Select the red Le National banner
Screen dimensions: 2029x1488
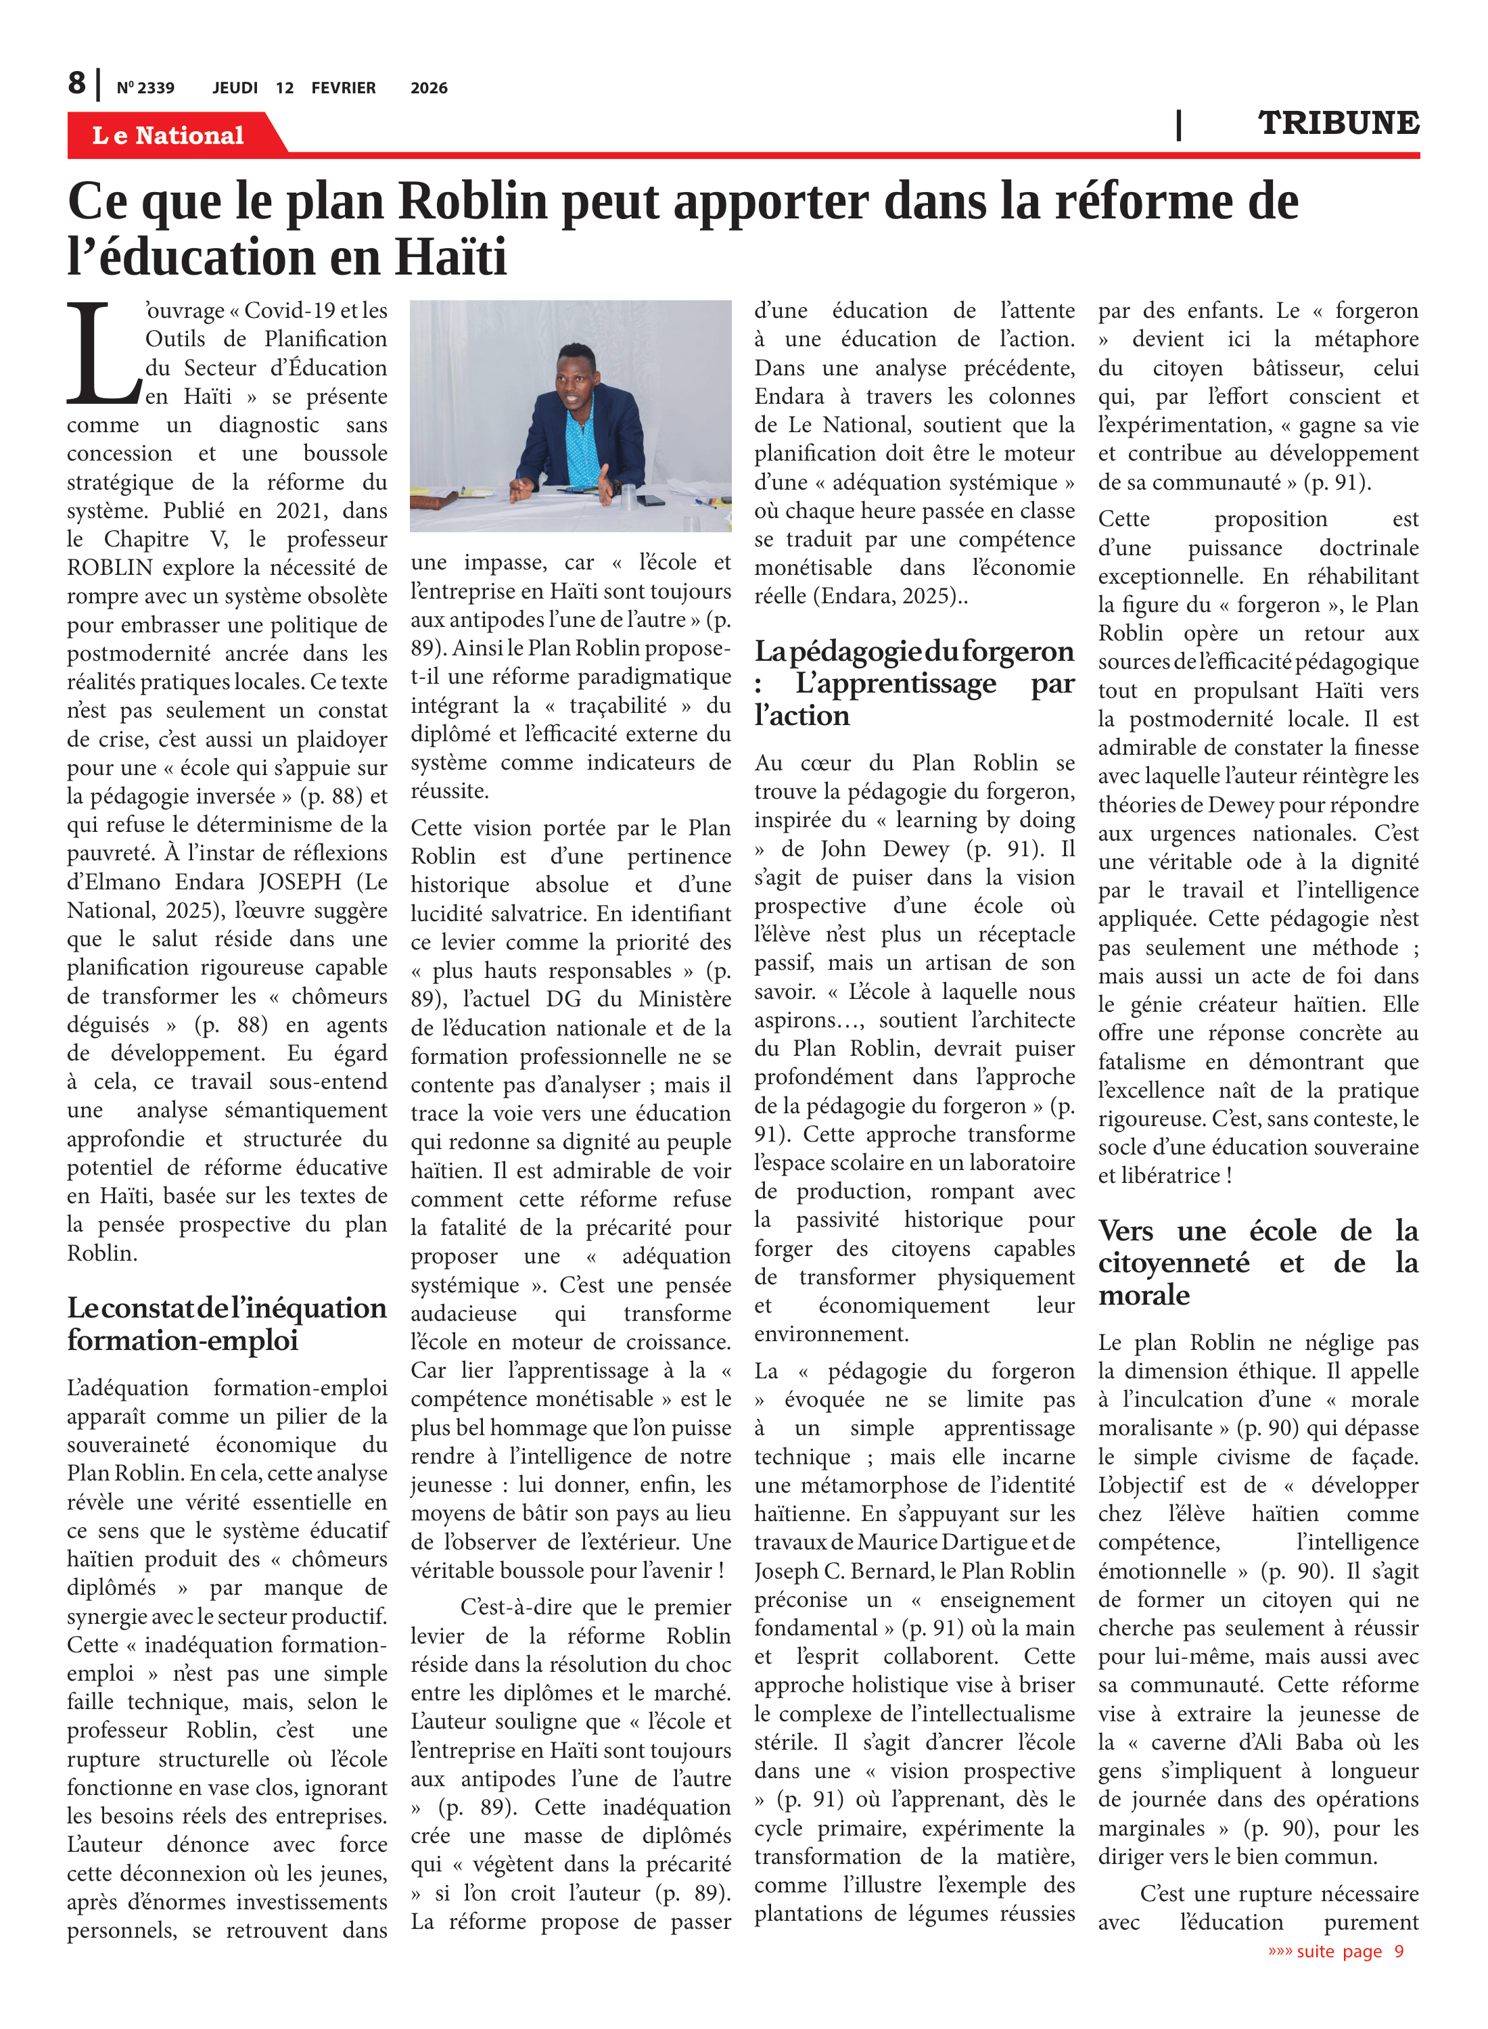pos(168,135)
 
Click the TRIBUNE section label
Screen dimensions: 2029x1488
pos(1338,122)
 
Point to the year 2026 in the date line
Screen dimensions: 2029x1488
pos(429,88)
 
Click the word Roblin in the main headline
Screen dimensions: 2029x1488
pos(473,201)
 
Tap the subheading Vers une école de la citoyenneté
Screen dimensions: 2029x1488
pos(1257,1263)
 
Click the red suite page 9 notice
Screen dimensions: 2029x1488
pos(1336,1951)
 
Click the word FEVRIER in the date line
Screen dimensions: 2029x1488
pos(343,88)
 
